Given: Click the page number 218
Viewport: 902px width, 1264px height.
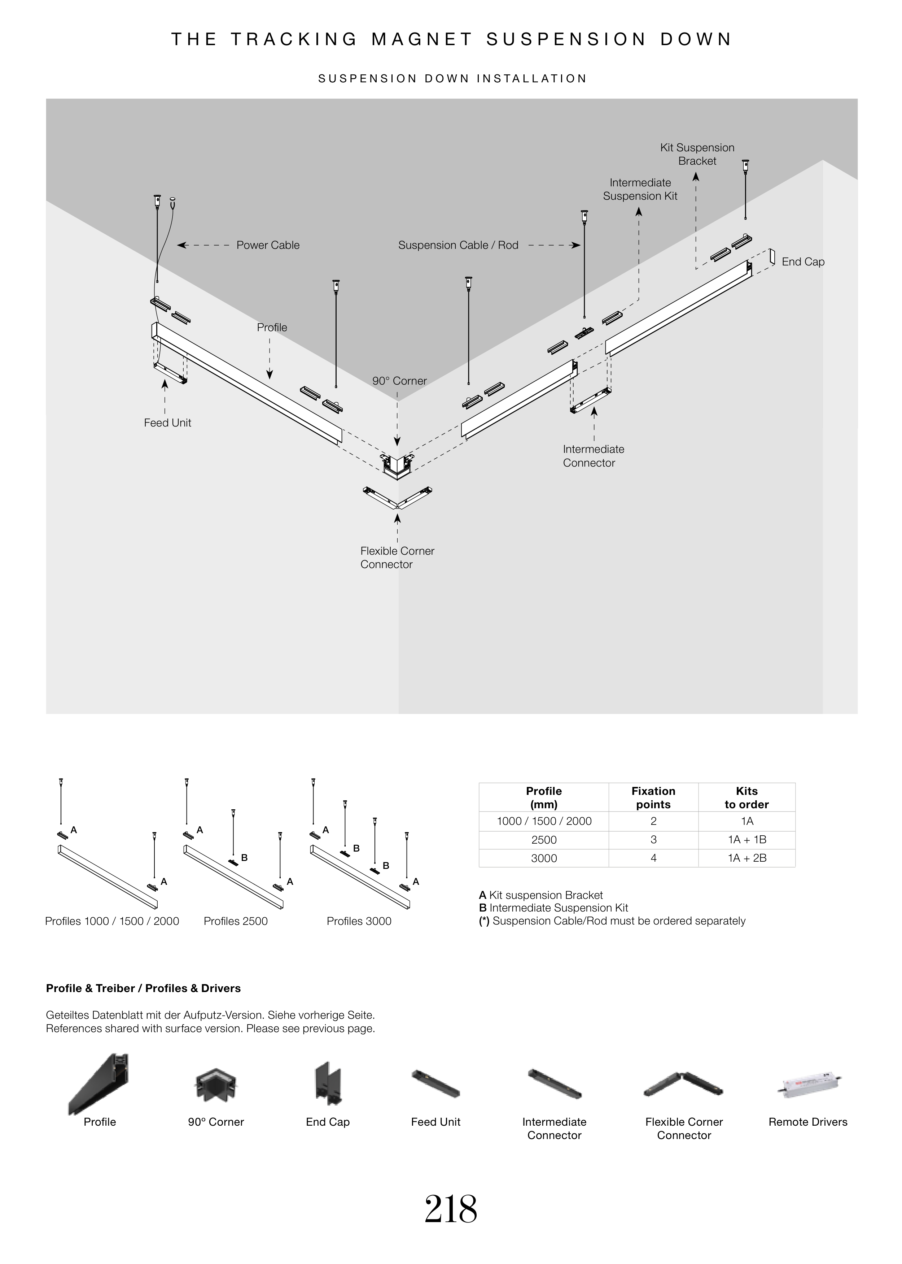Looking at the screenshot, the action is (450, 1209).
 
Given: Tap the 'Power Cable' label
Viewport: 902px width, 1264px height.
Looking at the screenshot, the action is (268, 245).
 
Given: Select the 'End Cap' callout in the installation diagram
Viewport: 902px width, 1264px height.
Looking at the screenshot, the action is (803, 262).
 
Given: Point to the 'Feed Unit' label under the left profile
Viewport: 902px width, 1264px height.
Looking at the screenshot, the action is (167, 423).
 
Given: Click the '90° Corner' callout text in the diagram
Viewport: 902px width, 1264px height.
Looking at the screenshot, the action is (399, 381).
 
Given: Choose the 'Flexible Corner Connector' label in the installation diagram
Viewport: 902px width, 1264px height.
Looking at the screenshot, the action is (397, 558).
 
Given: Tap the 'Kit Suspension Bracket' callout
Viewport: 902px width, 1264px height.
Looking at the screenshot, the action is (697, 154).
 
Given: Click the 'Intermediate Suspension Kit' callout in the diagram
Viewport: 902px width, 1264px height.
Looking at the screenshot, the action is (640, 189).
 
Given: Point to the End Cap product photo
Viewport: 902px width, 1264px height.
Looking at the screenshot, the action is (328, 1083).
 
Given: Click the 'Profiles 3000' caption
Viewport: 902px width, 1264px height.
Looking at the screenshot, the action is (359, 921).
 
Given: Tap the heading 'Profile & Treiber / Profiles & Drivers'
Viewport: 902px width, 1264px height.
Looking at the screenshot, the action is (143, 988).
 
